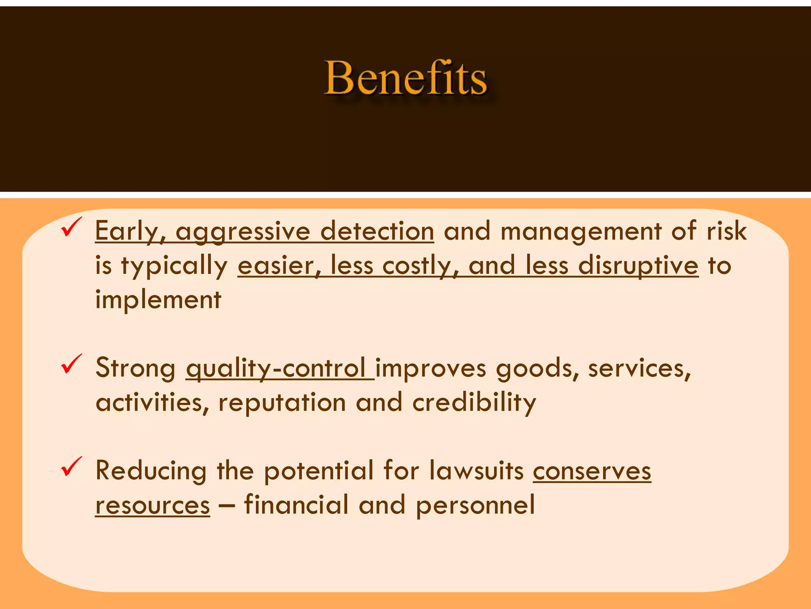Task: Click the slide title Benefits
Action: [x=405, y=78]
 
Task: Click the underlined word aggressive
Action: [x=243, y=232]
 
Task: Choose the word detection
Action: [x=377, y=231]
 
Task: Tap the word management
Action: [x=581, y=232]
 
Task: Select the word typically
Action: [x=174, y=266]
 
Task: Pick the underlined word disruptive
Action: [x=638, y=266]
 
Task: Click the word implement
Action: [x=158, y=300]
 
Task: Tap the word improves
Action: [x=430, y=368]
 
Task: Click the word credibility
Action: [x=474, y=403]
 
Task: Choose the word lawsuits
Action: [x=476, y=471]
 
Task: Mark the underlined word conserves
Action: [x=592, y=471]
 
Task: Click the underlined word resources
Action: [x=152, y=506]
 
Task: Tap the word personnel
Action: [x=475, y=506]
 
